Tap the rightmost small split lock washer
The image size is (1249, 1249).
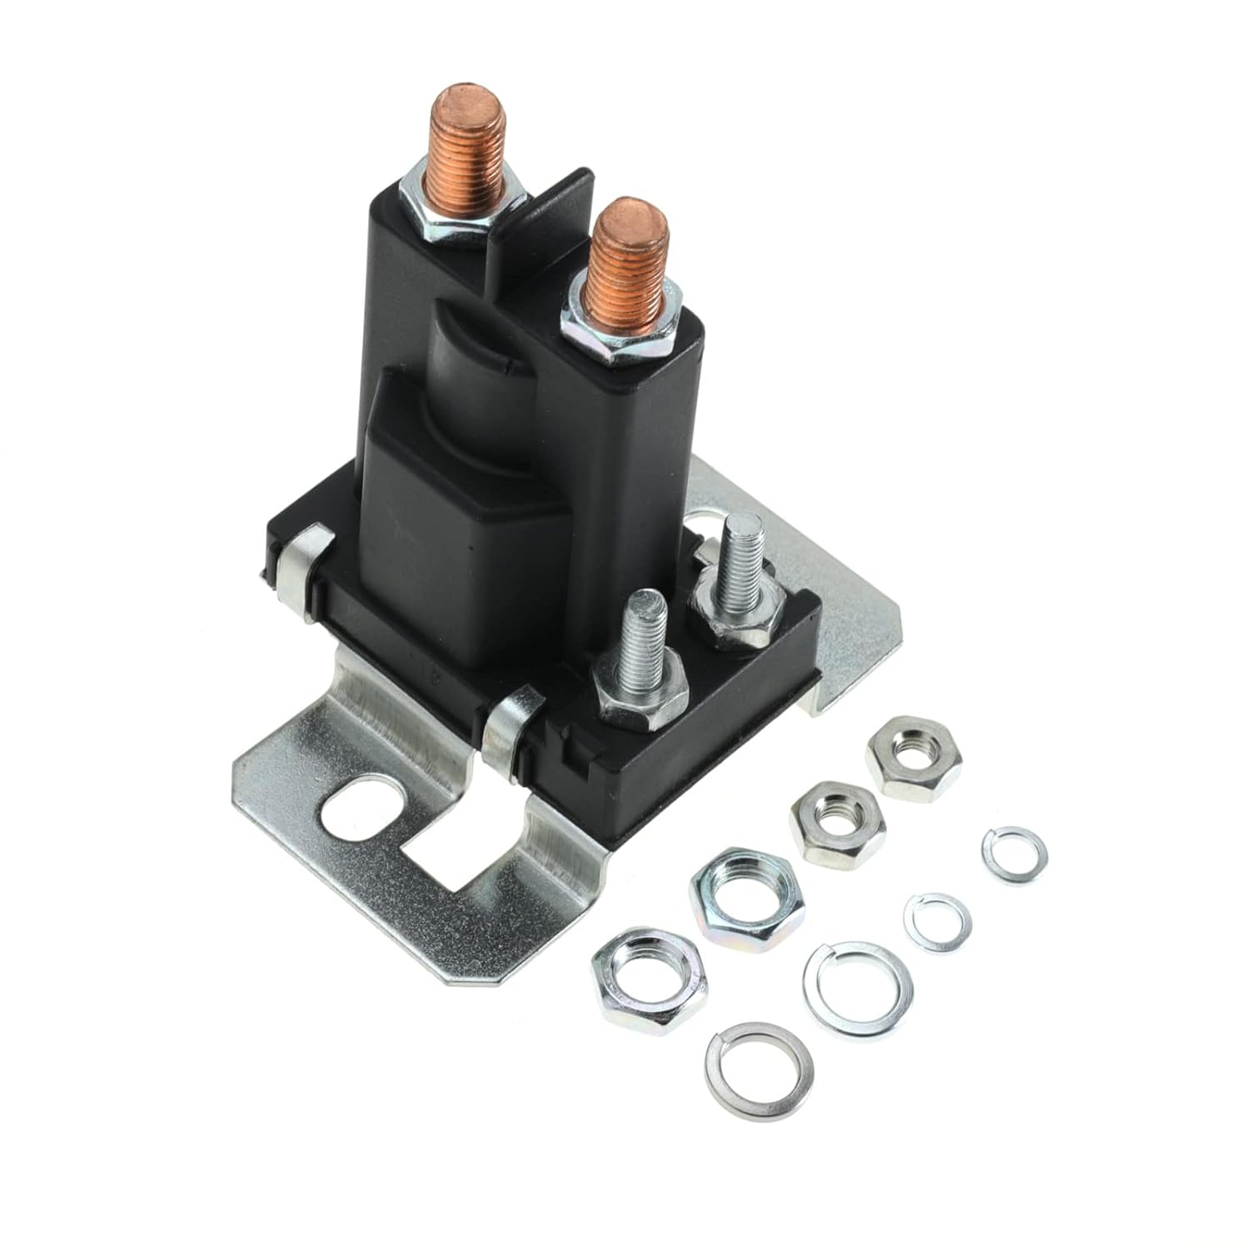coord(1013,855)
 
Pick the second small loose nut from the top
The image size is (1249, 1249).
coord(837,822)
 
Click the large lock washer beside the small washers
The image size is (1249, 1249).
coord(858,989)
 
